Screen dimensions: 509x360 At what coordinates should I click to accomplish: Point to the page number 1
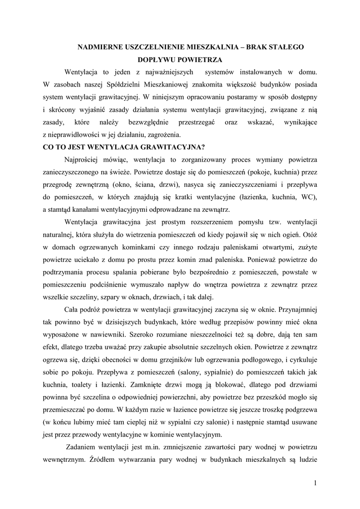[315, 482]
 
